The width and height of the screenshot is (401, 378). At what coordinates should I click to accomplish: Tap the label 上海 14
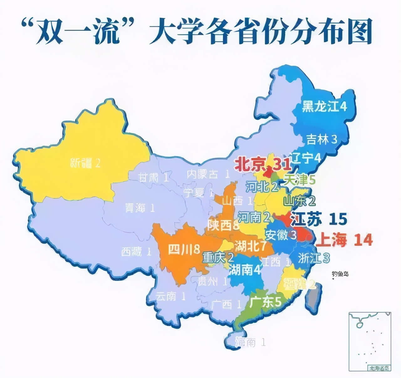point(344,240)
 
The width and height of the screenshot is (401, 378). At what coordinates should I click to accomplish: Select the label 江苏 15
point(319,219)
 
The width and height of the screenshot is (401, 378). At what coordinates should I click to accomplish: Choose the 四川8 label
point(184,249)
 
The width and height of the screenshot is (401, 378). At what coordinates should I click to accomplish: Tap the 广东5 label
point(265,302)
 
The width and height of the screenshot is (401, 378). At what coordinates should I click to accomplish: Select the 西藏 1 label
point(137,251)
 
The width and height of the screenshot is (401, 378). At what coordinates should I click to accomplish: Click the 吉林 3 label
point(321,139)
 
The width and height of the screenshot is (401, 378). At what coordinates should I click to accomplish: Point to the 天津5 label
point(299,180)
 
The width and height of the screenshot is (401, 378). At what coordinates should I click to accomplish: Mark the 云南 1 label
point(171,296)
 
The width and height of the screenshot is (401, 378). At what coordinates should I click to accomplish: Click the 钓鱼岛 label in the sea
point(340,274)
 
